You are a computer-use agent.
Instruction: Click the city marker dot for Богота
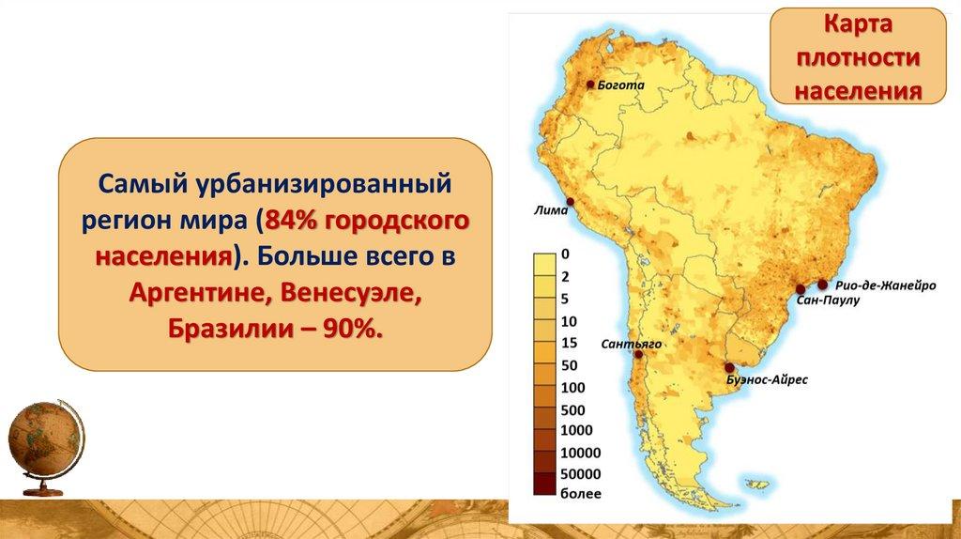click(590, 85)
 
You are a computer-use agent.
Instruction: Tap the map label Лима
click(551, 210)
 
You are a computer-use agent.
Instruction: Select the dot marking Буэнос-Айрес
click(729, 368)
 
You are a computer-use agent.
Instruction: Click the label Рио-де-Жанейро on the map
click(886, 285)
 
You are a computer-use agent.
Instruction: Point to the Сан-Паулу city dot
click(801, 289)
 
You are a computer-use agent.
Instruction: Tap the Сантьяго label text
click(632, 344)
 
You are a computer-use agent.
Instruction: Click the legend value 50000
click(580, 474)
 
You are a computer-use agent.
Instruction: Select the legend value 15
click(570, 344)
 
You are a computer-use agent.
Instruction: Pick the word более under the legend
click(580, 494)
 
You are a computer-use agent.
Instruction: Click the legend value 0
click(565, 254)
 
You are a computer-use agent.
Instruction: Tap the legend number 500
click(573, 409)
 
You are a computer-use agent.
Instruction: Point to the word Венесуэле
click(351, 293)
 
